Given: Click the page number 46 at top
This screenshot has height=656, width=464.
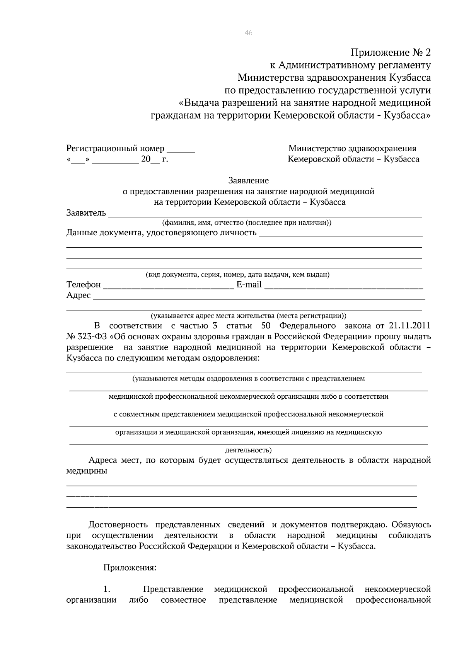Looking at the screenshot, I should click(248, 33).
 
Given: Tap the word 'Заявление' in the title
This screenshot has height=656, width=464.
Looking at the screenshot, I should click(248, 180).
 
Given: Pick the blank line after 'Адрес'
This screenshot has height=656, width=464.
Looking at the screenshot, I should click(259, 297).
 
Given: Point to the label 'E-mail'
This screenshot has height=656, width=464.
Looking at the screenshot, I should click(249, 285).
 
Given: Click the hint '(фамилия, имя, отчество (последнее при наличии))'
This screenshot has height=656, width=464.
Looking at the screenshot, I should click(247, 223).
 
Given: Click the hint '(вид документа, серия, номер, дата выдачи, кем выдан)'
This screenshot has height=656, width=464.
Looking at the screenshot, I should click(237, 275).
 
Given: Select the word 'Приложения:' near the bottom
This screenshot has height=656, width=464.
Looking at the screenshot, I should click(130, 568).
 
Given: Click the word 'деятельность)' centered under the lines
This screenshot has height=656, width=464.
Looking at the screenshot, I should click(248, 450).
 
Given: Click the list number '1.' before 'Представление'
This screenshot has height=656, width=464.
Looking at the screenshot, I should click(107, 589).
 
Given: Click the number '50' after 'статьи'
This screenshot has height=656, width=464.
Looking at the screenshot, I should click(265, 325).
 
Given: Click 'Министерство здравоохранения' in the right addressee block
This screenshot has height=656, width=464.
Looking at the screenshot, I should click(352, 148).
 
